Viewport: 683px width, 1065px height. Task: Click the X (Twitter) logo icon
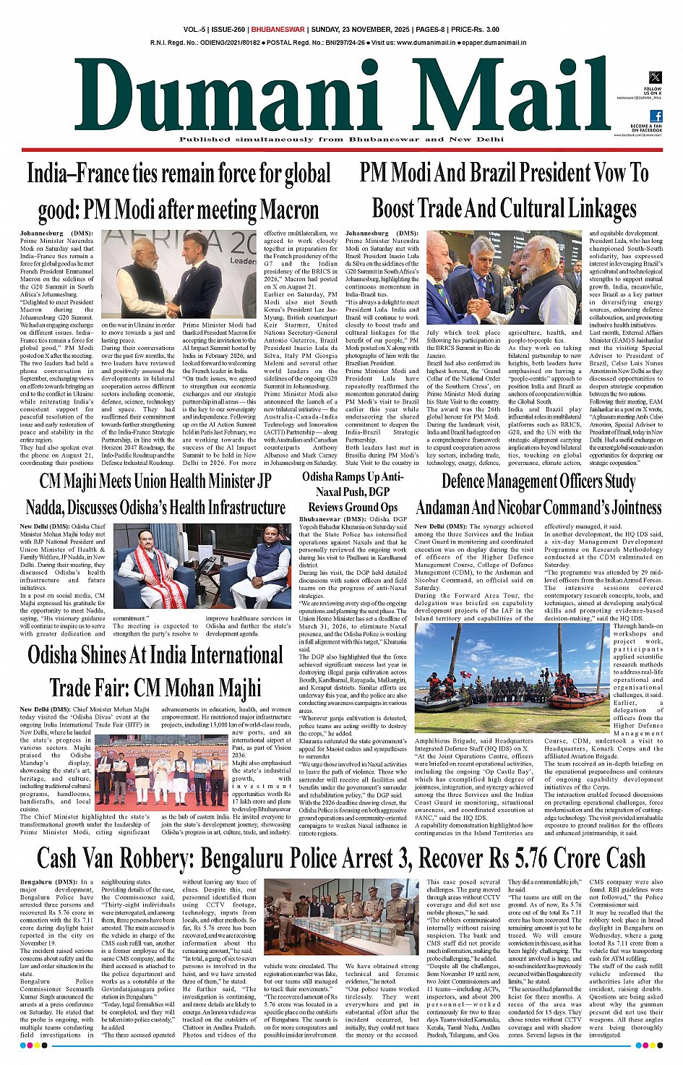point(655,77)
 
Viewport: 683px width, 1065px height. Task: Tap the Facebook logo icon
point(656,116)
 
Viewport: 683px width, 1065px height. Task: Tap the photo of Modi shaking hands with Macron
point(179,275)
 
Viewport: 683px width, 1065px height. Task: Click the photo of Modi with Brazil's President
point(503,278)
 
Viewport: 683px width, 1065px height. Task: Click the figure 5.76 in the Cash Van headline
point(519,857)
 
